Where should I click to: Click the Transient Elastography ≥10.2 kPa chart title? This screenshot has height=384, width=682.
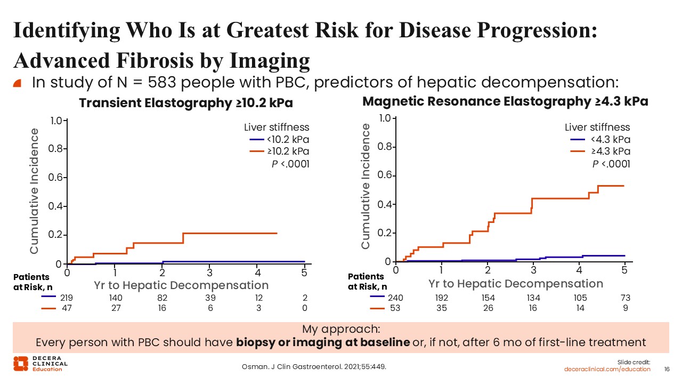pos(186,103)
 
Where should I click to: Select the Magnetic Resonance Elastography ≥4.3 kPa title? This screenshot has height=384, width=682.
pos(505,101)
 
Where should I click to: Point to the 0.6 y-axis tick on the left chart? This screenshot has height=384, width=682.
pos(55,178)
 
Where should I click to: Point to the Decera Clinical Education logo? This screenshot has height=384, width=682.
pos(40,364)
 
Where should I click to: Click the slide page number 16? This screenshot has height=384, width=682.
pos(667,369)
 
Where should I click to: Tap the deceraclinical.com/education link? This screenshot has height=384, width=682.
pos(607,369)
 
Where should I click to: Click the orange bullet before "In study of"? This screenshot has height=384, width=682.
pos(17,83)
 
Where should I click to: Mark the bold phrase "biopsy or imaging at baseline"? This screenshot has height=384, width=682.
pos(322,342)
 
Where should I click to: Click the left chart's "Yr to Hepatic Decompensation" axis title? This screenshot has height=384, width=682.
pos(181,285)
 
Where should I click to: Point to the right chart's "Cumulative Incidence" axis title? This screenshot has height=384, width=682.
pos(366,186)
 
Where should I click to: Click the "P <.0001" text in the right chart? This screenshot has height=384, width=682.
pos(611,164)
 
